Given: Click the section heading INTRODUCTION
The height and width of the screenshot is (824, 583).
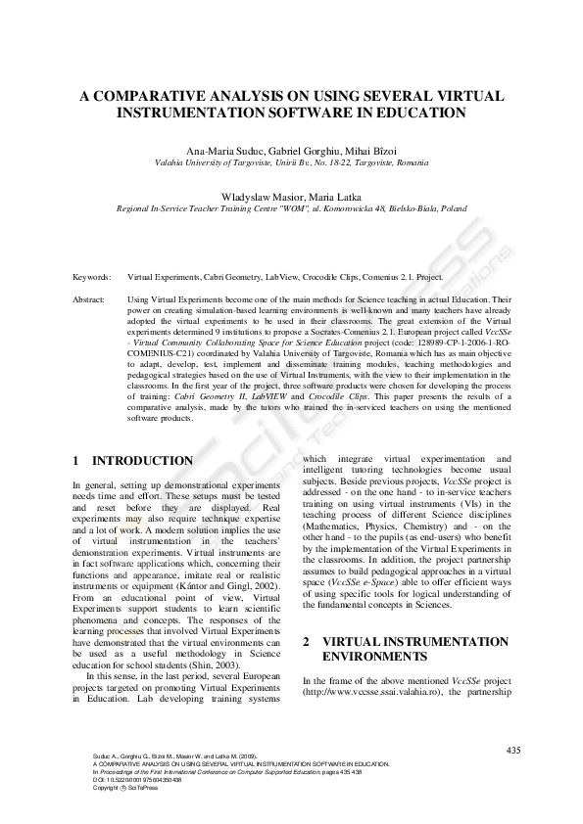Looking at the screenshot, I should click(142, 461).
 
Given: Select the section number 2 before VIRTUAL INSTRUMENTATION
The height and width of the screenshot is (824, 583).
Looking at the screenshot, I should click(307, 642).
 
